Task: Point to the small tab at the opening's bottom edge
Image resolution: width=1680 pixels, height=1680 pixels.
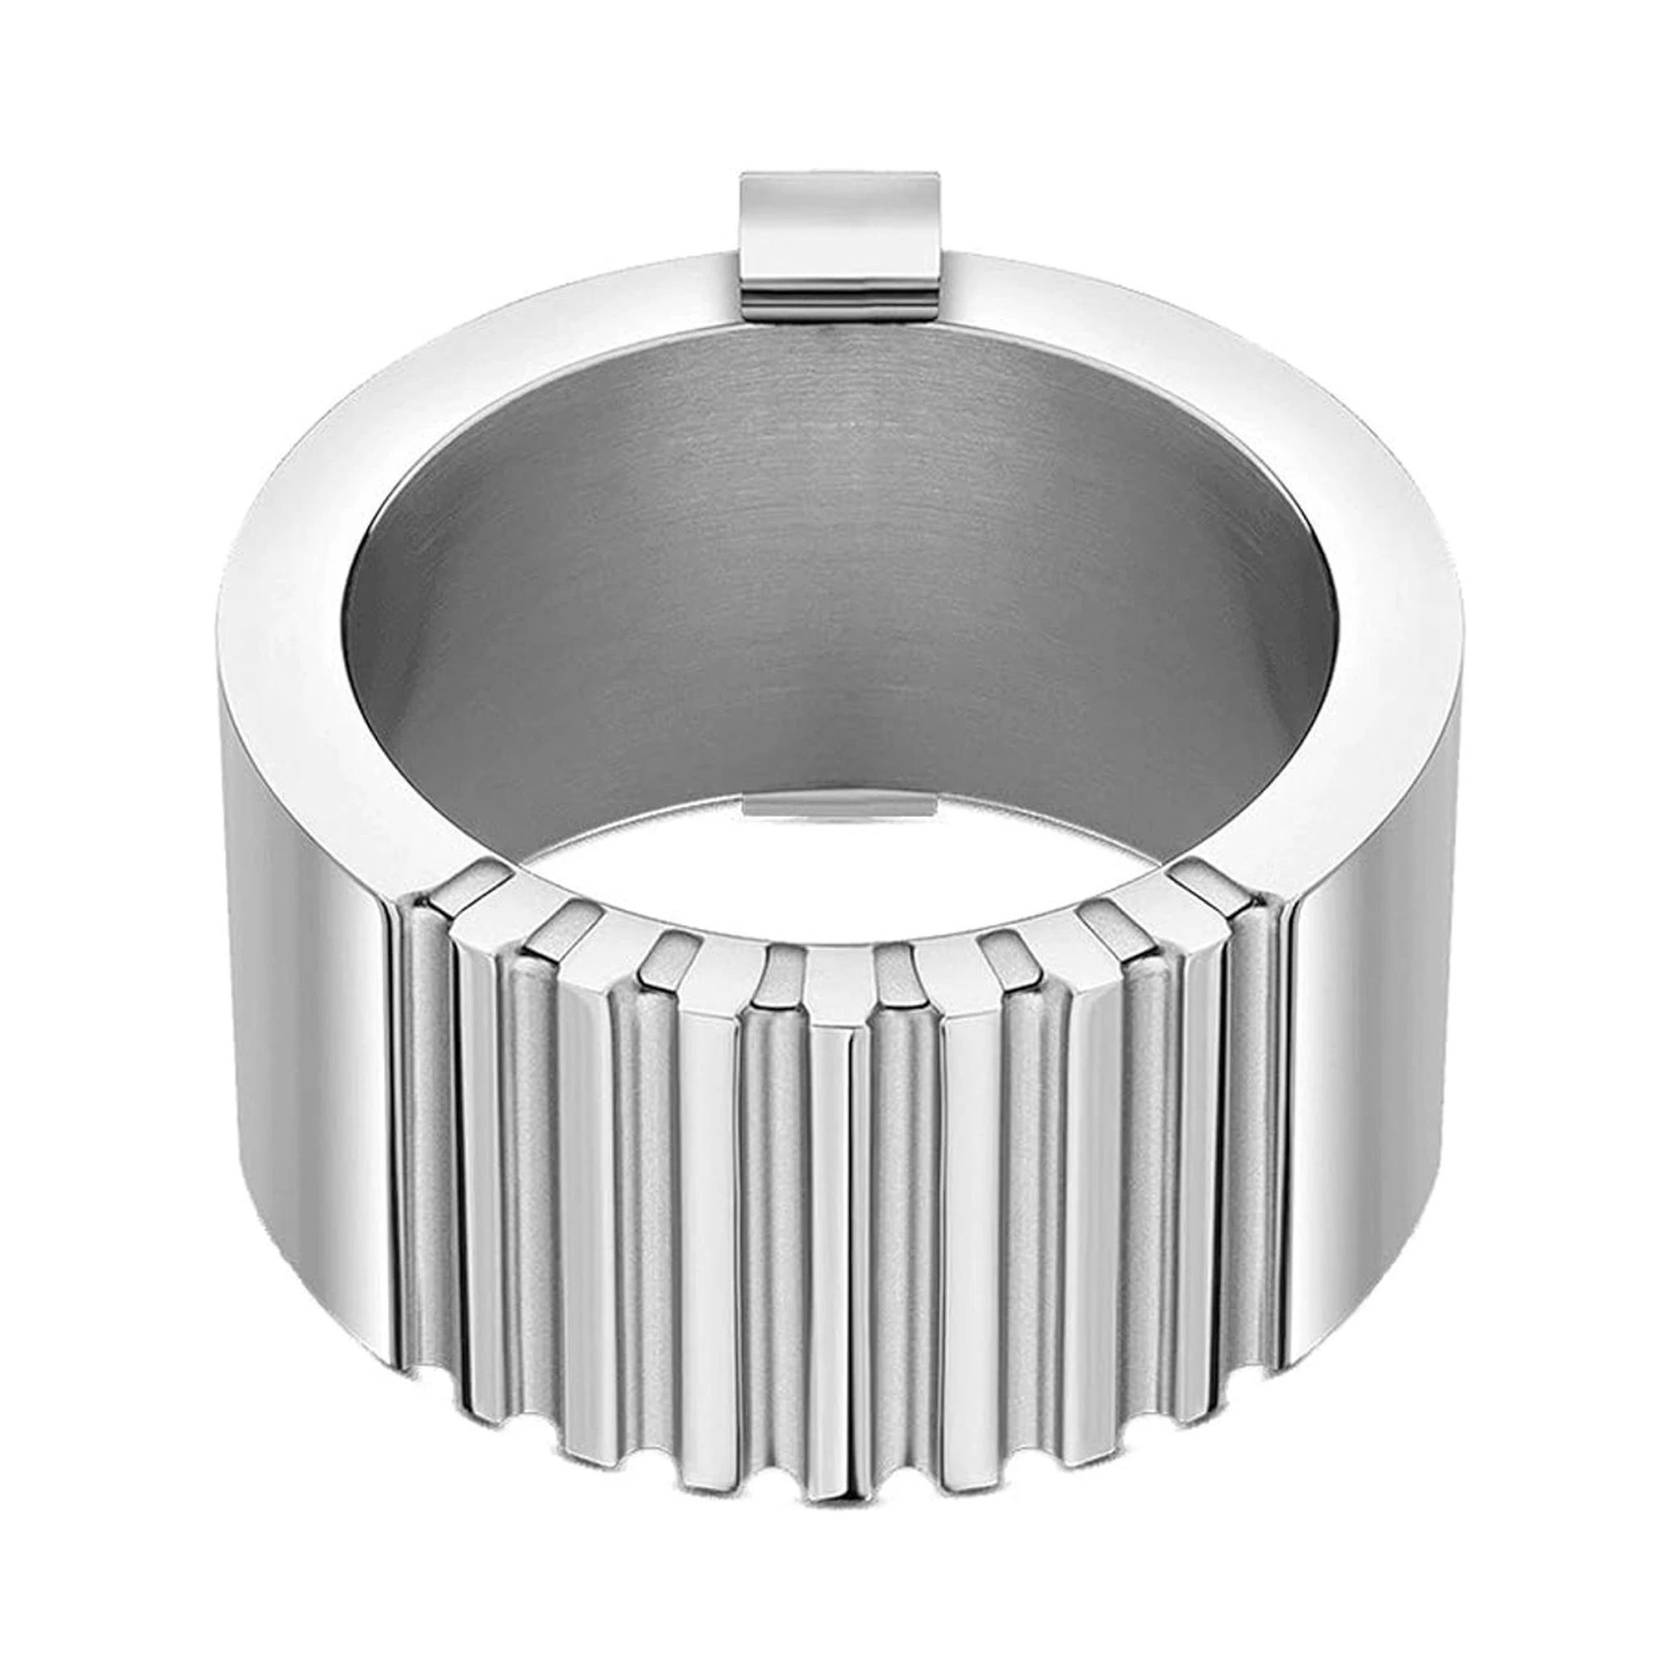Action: (839, 806)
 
